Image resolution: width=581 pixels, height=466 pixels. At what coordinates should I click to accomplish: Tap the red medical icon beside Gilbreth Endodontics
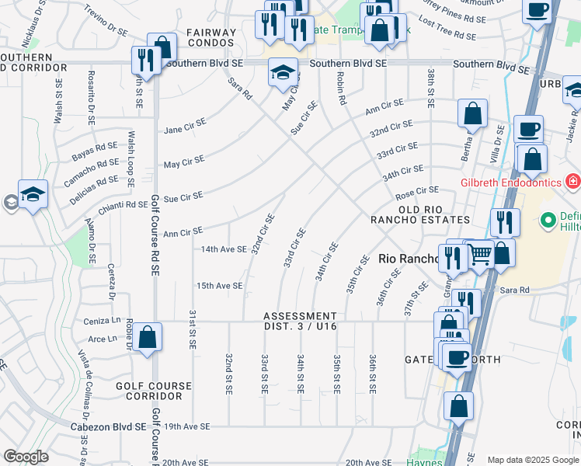[x=573, y=182]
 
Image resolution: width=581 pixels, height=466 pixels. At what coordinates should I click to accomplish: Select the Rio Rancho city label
[x=408, y=259]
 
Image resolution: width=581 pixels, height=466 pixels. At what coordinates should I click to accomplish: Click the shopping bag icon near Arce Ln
[x=147, y=338]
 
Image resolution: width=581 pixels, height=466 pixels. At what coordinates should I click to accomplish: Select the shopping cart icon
[x=481, y=254]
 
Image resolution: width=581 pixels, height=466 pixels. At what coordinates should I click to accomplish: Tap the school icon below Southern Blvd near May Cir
[x=284, y=73]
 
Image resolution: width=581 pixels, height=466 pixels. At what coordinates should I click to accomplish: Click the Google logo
[x=26, y=456]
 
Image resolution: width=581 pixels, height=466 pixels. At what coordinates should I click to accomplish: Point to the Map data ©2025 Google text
[x=533, y=460]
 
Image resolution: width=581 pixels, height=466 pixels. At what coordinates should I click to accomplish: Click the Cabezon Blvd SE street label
[x=117, y=426]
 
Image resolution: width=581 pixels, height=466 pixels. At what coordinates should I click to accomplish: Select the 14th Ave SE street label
[x=224, y=249]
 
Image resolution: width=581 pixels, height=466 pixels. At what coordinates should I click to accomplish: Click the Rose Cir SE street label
[x=417, y=190]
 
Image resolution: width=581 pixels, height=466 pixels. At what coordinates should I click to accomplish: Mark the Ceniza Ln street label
[x=101, y=321]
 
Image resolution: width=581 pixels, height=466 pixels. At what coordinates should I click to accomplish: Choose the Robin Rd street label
[x=339, y=89]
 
